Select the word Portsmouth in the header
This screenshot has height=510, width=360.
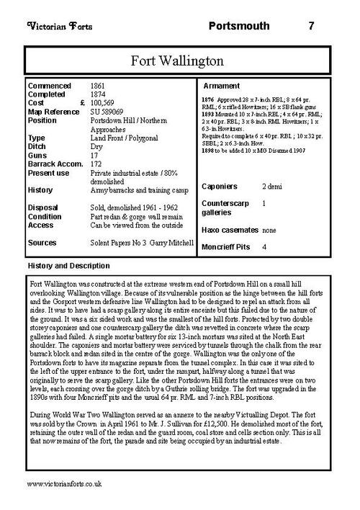(x=240, y=26)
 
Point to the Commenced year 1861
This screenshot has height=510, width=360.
(x=101, y=86)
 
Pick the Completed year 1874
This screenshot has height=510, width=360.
(x=101, y=94)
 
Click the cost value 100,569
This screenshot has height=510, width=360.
(x=106, y=102)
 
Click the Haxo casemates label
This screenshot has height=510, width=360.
(x=231, y=230)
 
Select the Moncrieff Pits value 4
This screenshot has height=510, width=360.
(x=265, y=247)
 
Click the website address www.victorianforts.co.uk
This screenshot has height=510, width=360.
(x=64, y=497)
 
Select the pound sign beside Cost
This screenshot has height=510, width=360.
(x=82, y=102)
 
